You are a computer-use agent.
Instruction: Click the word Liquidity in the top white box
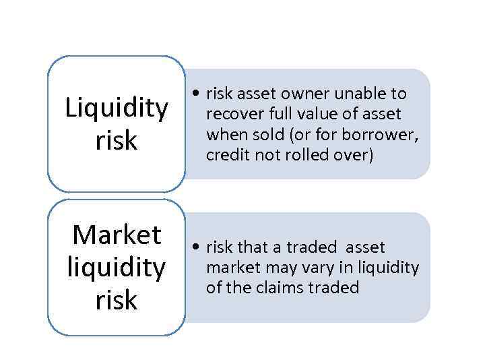[x=117, y=109]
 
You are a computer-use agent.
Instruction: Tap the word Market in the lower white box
[x=117, y=235]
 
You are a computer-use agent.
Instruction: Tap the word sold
[x=271, y=135]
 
